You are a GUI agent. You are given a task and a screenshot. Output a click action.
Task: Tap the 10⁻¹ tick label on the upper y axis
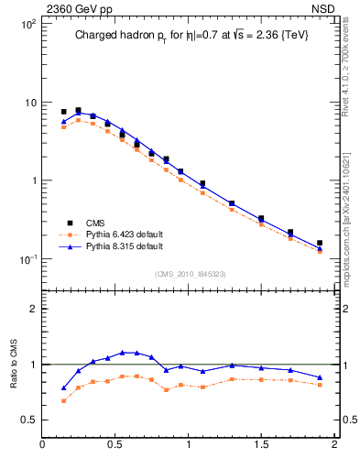coord(27,259)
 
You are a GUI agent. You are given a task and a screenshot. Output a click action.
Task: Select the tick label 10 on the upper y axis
coord(30,103)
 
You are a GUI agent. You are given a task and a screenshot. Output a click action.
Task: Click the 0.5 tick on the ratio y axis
coord(28,420)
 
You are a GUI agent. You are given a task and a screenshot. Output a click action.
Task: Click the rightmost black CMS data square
coord(320,244)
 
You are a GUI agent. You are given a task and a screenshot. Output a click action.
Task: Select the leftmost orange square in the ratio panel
coord(63,400)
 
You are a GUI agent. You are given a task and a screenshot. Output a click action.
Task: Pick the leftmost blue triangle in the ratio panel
coord(63,387)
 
